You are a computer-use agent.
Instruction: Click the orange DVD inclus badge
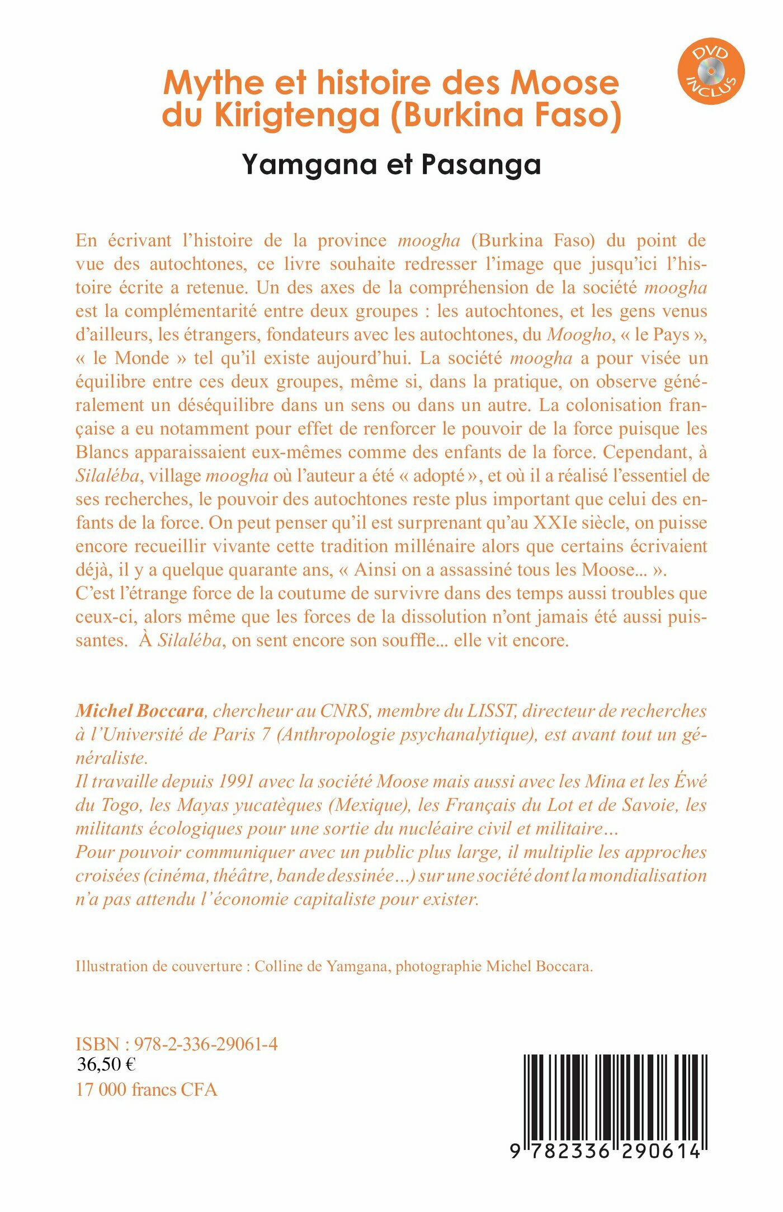tap(711, 71)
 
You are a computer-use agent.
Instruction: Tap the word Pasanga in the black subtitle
tap(481, 165)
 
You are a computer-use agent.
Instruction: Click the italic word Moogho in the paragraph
tap(579, 334)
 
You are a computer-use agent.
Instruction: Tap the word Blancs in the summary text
tap(102, 451)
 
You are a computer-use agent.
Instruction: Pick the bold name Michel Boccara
tap(140, 711)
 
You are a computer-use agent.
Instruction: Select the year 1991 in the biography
tap(242, 781)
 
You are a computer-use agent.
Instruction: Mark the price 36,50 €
tap(106, 1064)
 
